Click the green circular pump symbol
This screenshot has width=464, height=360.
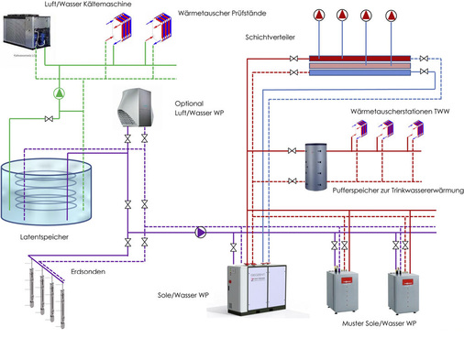pyautogui.click(x=60, y=93)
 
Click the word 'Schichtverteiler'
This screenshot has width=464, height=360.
pyautogui.click(x=271, y=38)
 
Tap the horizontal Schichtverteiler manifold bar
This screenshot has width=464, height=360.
pyautogui.click(x=359, y=67)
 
